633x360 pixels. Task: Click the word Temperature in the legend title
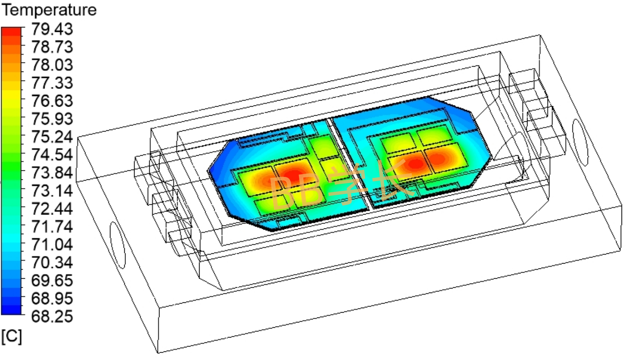[x=49, y=10]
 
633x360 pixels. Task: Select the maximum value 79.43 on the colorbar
[x=52, y=29]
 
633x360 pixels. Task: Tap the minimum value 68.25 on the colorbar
[x=52, y=316]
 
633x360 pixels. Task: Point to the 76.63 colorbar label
[x=52, y=101]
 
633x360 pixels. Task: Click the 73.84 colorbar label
[x=52, y=172]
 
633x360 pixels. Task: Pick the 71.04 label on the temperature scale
[x=52, y=244]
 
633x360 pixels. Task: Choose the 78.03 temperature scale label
[x=52, y=65]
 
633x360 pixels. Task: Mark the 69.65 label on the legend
[x=52, y=280]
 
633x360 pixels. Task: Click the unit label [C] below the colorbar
[x=11, y=337]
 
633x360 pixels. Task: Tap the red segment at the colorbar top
[x=11, y=31]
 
